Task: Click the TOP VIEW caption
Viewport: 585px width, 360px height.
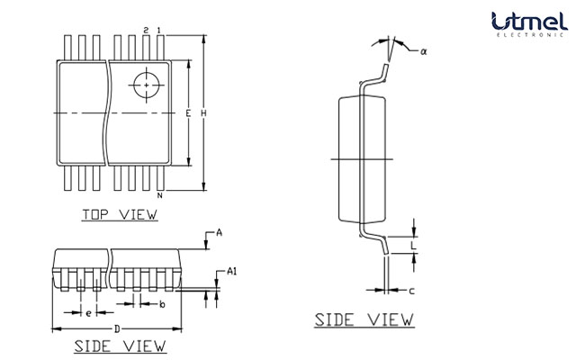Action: coord(120,214)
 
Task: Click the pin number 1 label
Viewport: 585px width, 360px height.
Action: coord(159,31)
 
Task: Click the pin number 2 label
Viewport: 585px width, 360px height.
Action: coord(146,31)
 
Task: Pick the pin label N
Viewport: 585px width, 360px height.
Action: coord(159,195)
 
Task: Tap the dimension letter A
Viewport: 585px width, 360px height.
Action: coord(219,232)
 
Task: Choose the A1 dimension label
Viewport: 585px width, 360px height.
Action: coord(231,271)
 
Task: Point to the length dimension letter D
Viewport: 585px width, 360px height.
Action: coord(117,328)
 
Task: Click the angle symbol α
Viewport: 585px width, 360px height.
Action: coord(423,51)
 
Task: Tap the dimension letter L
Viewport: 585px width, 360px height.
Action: coord(412,244)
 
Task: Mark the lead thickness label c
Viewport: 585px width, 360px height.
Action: coord(411,291)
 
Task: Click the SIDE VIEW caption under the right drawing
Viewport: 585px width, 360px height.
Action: coord(364,319)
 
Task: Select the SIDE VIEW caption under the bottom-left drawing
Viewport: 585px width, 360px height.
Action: coord(120,346)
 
